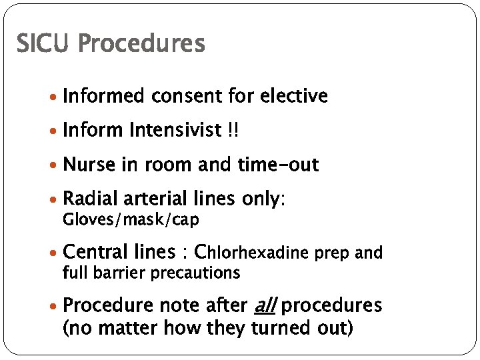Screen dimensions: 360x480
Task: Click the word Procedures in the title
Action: point(141,44)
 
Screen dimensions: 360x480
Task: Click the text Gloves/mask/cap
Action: point(131,219)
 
